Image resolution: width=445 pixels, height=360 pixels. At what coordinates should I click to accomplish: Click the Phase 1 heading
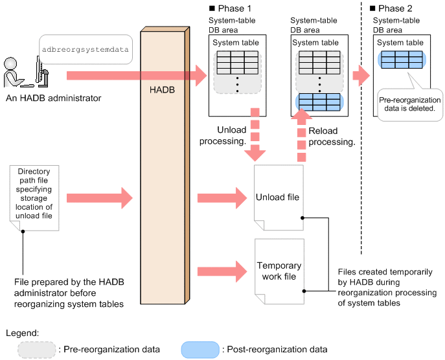227,9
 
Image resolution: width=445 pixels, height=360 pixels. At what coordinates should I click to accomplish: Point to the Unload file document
279,197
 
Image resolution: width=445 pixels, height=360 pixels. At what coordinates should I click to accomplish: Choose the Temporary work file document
279,271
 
